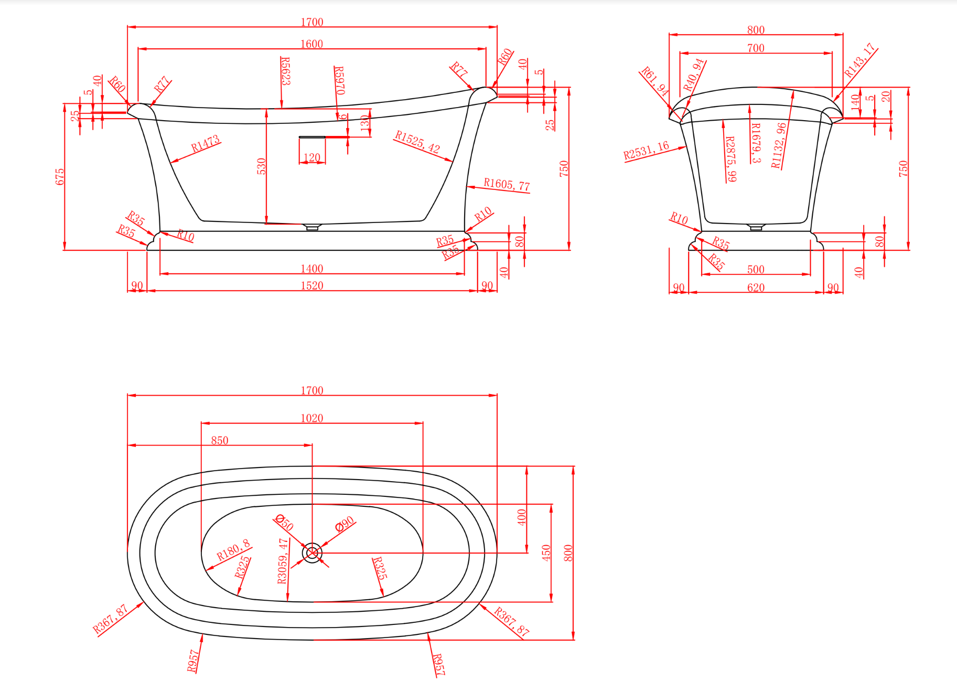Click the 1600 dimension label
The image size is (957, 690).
(311, 44)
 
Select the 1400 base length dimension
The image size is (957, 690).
(311, 269)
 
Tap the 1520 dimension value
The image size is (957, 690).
(311, 286)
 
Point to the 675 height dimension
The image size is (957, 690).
(60, 176)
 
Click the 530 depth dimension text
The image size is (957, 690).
(261, 166)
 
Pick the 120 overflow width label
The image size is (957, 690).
(311, 157)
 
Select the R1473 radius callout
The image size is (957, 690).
(205, 144)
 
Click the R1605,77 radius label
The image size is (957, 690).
(507, 184)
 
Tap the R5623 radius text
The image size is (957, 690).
(286, 71)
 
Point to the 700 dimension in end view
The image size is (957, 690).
(756, 48)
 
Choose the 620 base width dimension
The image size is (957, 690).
(756, 288)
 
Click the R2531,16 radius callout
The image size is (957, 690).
(646, 151)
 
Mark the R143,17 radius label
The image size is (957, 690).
(860, 60)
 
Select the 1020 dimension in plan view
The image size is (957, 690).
(311, 418)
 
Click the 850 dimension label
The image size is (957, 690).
(220, 441)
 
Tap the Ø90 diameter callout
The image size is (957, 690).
(345, 525)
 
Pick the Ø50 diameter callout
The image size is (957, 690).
(284, 522)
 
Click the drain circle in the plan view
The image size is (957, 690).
(312, 553)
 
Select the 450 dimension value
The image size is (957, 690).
(546, 553)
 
